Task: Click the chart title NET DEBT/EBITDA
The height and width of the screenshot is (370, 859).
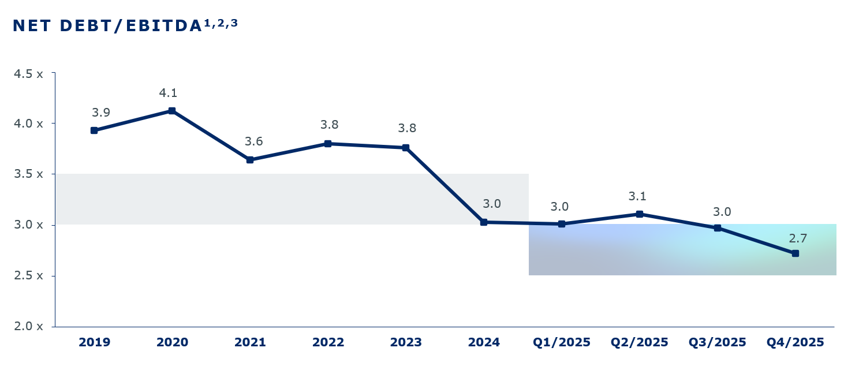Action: (x=107, y=26)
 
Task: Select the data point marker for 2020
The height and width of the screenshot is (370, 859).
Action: (x=172, y=111)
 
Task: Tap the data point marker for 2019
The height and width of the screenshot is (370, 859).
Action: (x=94, y=130)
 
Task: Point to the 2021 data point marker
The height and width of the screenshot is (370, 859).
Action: (x=250, y=160)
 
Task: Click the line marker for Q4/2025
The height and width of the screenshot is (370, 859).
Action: (x=795, y=253)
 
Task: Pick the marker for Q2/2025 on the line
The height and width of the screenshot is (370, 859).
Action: (x=640, y=214)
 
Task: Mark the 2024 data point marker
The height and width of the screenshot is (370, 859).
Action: (x=484, y=222)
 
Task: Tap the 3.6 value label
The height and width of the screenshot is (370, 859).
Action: (x=254, y=142)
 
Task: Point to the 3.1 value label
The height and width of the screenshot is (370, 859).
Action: (x=637, y=197)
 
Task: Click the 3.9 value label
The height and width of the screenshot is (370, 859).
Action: (x=101, y=113)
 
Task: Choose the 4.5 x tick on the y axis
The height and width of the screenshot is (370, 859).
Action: (x=28, y=74)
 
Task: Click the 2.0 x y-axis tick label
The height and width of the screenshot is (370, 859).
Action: (x=28, y=327)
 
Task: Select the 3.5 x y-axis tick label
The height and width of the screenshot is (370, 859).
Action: (x=28, y=174)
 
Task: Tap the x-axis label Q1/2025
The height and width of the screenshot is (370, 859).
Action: (x=562, y=342)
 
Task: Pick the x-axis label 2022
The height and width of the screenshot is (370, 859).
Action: (x=328, y=342)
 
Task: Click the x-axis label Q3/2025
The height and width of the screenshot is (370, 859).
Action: (x=718, y=342)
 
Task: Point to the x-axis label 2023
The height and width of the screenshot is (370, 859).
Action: (x=406, y=342)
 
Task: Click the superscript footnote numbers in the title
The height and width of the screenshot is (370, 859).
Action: (x=221, y=23)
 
